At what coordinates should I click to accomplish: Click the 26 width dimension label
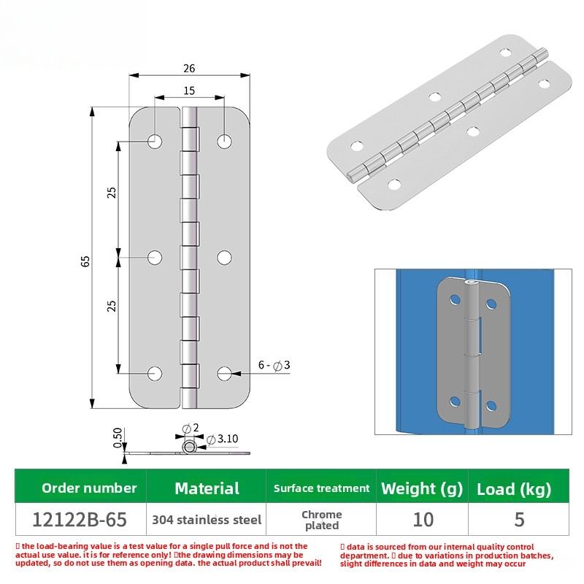click(189, 69)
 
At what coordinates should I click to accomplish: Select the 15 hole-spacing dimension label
click(189, 91)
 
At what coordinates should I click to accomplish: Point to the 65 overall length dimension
click(85, 261)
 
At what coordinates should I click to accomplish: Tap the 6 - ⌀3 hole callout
click(274, 365)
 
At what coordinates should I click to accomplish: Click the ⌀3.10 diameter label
click(222, 439)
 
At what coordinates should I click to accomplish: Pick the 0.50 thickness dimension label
click(118, 438)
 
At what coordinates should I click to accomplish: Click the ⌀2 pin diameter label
click(191, 428)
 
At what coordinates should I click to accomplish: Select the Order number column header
click(89, 488)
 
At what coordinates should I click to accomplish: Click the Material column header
click(207, 488)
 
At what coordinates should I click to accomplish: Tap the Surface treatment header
click(321, 488)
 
